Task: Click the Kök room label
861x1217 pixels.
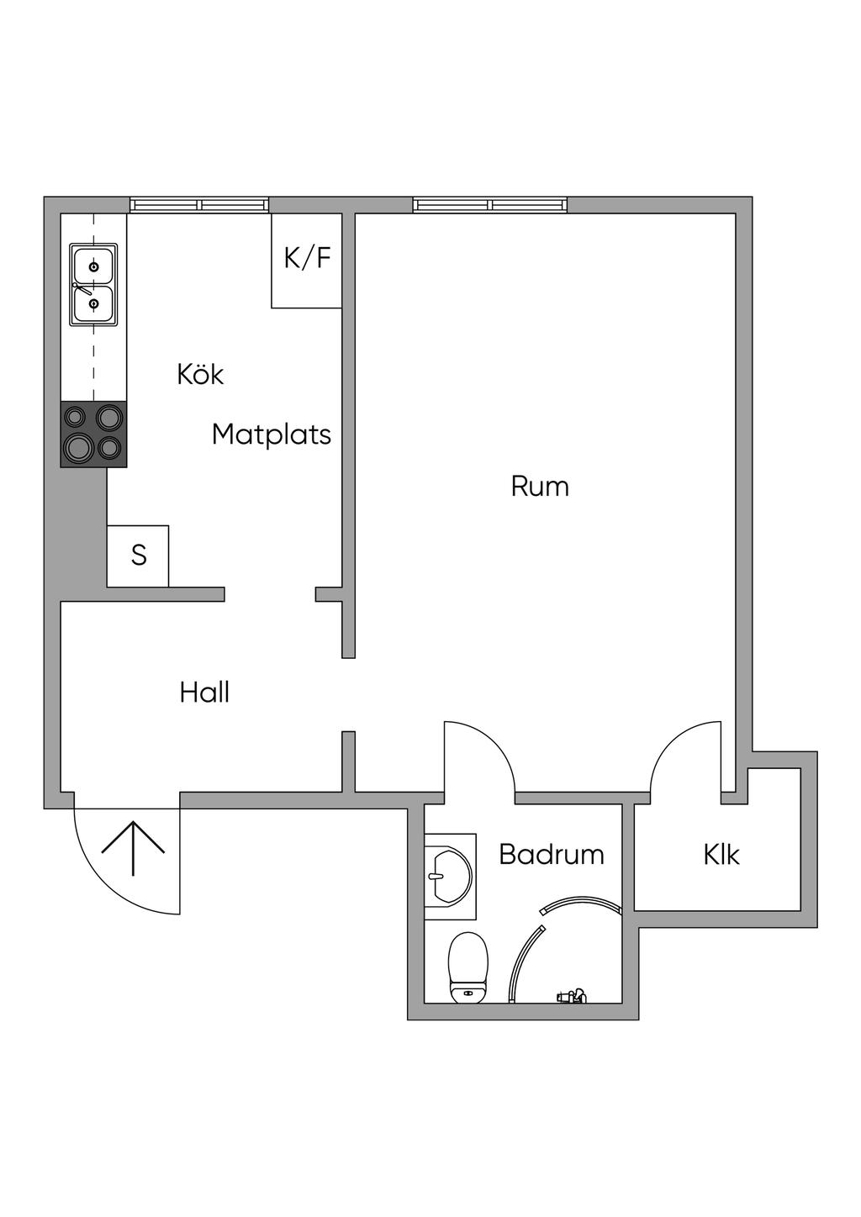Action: (x=200, y=374)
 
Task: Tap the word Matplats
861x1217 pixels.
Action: (x=271, y=435)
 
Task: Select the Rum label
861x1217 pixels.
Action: (x=540, y=487)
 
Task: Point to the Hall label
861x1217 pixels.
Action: (x=204, y=693)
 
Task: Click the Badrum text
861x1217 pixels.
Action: (x=551, y=855)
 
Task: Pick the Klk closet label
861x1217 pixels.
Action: (x=721, y=855)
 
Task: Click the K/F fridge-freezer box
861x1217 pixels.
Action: (x=307, y=260)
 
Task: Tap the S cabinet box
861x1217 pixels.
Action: (x=138, y=556)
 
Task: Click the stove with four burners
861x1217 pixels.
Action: (x=93, y=434)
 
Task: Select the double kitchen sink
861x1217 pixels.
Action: (x=93, y=285)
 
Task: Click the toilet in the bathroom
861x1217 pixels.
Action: (x=468, y=968)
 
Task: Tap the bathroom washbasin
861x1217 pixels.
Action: (x=448, y=877)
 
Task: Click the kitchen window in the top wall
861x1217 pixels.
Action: (x=199, y=204)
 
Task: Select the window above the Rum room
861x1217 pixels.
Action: (x=489, y=204)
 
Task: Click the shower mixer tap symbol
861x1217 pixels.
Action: (x=571, y=997)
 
